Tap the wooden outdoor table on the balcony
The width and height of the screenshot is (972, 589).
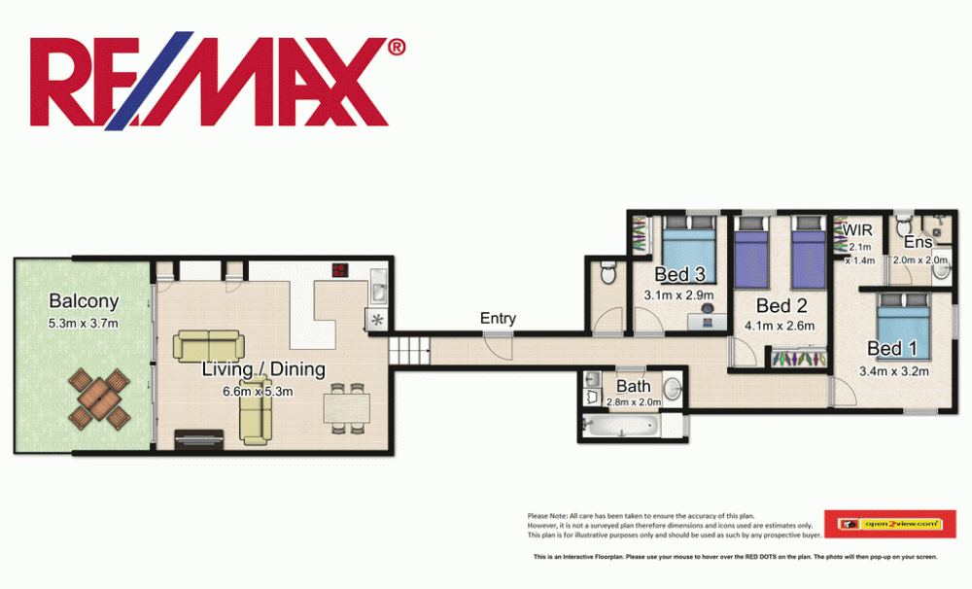(98, 398)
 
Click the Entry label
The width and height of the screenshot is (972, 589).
(498, 318)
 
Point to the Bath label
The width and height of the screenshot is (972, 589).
(634, 386)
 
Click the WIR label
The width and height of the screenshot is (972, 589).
(859, 230)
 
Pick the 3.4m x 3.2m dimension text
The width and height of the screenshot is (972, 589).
(894, 370)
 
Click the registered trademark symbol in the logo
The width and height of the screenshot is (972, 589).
(397, 47)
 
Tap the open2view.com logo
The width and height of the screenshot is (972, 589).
(889, 524)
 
